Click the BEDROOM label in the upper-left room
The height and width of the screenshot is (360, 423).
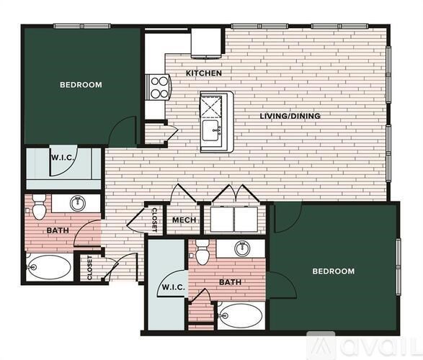[x=80, y=85]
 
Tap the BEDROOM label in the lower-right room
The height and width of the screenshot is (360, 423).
[x=333, y=271]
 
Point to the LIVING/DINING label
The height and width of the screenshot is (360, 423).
[x=290, y=116]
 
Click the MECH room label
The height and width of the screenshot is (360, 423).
[x=180, y=220]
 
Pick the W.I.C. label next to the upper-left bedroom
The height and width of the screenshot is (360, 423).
[x=60, y=158]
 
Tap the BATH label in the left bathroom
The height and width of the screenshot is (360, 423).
[x=57, y=230]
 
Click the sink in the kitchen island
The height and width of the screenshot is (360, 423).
[x=211, y=131]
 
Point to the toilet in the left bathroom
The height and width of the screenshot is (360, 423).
[x=39, y=207]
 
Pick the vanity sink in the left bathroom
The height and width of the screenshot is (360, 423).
[x=77, y=204]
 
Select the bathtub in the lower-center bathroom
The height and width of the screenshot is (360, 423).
[x=241, y=315]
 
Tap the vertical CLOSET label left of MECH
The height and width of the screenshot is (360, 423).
[x=154, y=220]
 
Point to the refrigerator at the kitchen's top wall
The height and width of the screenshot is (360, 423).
[x=205, y=42]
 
